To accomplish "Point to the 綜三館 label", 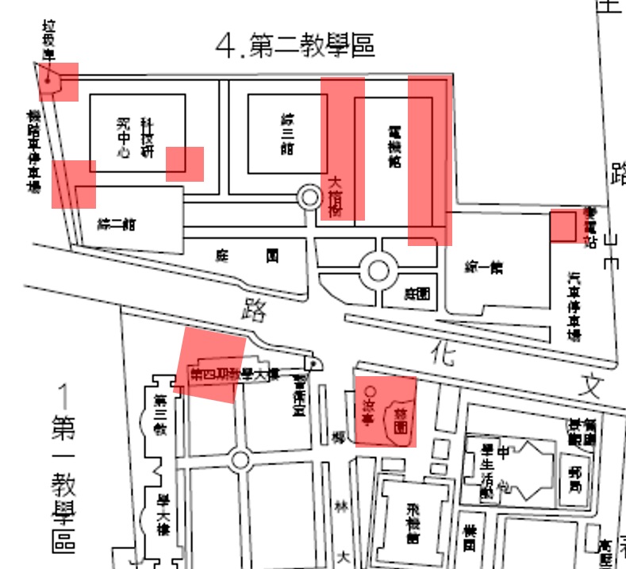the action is pyautogui.click(x=286, y=133).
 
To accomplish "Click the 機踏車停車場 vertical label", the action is pyautogui.click(x=33, y=152).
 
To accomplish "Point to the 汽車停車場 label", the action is pyautogui.click(x=574, y=306).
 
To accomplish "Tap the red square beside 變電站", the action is pyautogui.click(x=563, y=225).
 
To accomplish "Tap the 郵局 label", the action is pyautogui.click(x=574, y=481).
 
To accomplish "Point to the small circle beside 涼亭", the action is pyautogui.click(x=368, y=392).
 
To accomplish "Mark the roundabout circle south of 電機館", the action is pyautogui.click(x=378, y=271).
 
